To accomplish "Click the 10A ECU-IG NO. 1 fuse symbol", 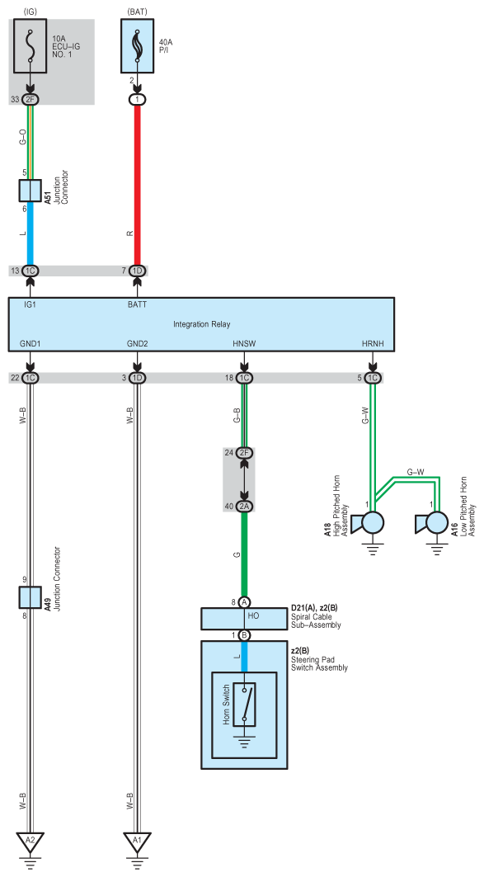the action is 30,46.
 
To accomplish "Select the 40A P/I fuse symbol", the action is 137,46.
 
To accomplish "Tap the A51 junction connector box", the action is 30,191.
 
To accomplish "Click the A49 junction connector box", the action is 30,597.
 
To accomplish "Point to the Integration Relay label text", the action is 201,324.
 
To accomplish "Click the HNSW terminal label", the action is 244,343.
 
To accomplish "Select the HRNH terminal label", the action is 373,343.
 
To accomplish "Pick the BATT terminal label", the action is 137,305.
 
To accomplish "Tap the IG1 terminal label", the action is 30,305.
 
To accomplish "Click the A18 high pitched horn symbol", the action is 368,524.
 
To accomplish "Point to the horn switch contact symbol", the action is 244,705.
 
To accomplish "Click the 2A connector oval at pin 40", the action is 244,507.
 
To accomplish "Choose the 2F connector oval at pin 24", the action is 244,453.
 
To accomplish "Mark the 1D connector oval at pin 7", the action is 137,271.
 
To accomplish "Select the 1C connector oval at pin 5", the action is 373,378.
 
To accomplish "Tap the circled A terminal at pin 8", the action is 244,602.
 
